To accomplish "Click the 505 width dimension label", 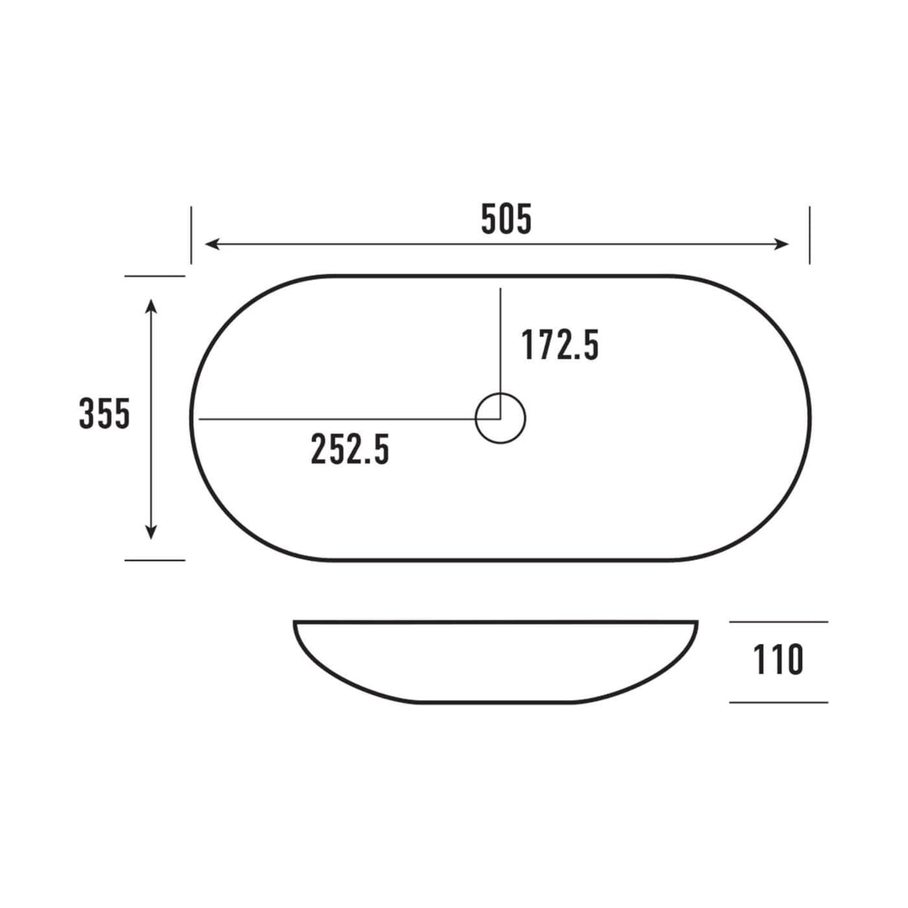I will [x=506, y=220].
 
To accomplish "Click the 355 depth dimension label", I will [x=104, y=414].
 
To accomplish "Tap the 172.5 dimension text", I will [x=559, y=346].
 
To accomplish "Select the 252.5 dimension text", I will [x=350, y=449].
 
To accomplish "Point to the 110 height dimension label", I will [x=778, y=661].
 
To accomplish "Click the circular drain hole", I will [x=500, y=418].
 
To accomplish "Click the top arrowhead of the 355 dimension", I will [x=150, y=304].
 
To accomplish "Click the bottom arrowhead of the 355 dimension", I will [x=150, y=532].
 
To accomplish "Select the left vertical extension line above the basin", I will [x=191, y=235].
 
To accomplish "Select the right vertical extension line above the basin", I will [x=810, y=235].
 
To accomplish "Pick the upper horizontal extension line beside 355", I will [x=155, y=276].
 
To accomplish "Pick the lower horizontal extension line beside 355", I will [x=155, y=560].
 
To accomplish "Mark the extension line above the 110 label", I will [x=779, y=622].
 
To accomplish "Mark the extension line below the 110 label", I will [x=779, y=702].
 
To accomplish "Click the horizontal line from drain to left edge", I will [x=336, y=419].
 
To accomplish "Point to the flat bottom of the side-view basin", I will [x=496, y=702].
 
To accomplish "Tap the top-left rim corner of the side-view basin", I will [x=296, y=623].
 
